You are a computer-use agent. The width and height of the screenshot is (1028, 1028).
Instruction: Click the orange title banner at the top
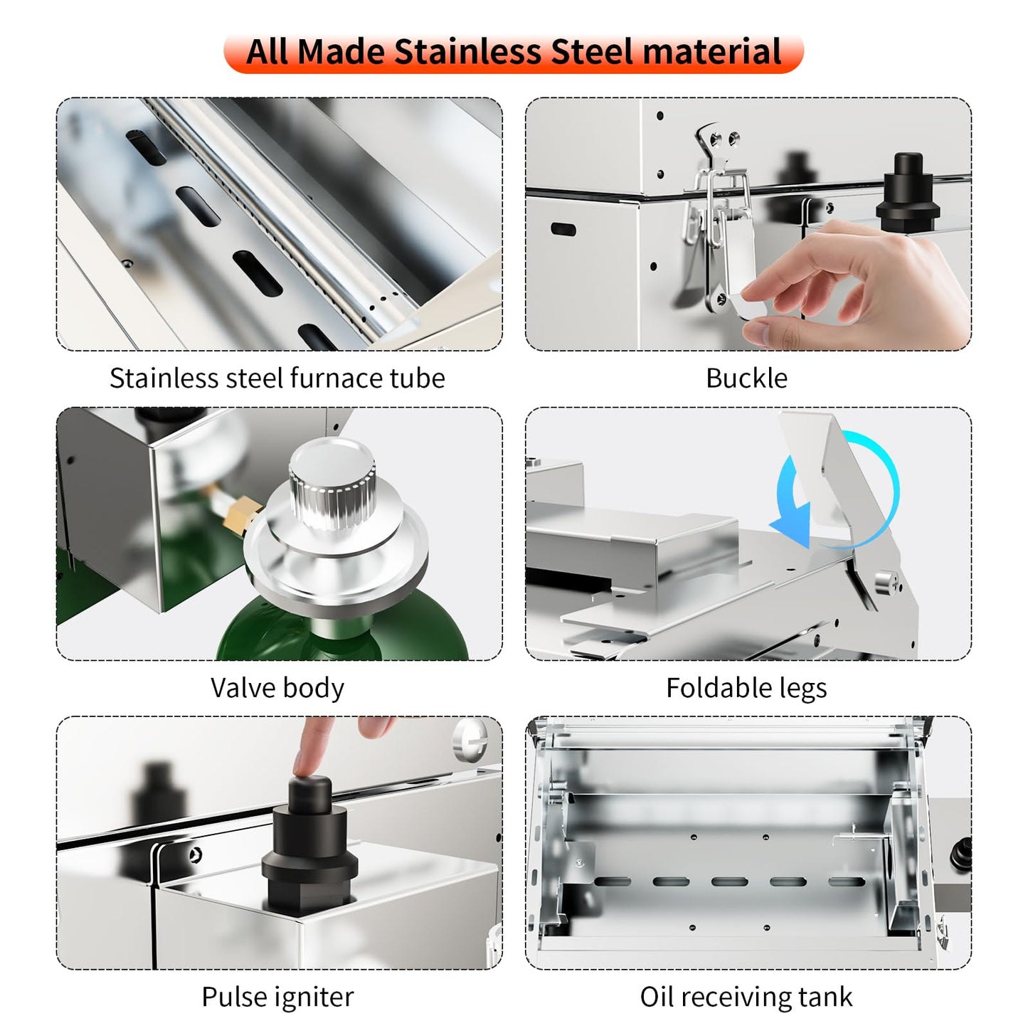coord(513,52)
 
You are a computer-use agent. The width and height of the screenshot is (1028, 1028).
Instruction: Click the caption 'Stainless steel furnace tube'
coord(277,378)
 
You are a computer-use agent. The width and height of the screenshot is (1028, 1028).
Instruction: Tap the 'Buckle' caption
coord(746,378)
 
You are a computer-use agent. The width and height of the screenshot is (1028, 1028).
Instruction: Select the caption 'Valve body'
coord(277,688)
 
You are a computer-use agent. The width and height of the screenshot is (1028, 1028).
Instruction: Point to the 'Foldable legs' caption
coord(746,688)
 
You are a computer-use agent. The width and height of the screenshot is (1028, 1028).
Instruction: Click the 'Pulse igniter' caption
coord(277,997)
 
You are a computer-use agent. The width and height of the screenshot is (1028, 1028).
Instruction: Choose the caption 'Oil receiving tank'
coord(746,997)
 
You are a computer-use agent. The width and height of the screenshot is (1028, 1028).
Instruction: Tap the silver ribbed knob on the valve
coord(332,483)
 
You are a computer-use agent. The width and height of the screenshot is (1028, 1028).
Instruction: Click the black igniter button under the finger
coord(309,847)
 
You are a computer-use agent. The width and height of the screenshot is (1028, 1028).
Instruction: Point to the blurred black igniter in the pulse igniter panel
coord(157,811)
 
